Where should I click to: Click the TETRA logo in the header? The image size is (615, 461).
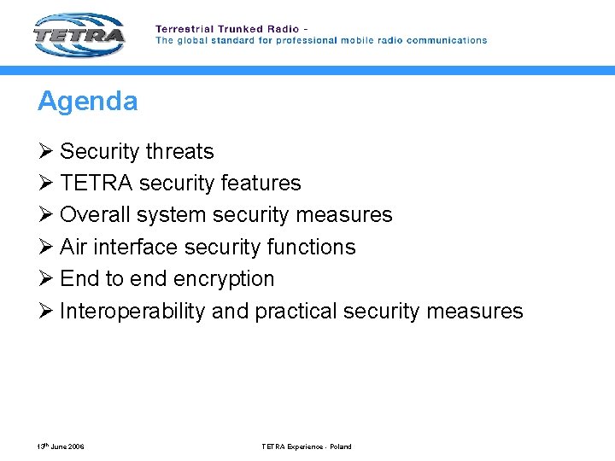click(79, 35)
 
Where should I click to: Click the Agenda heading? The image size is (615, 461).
click(87, 102)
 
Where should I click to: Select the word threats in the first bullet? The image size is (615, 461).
click(179, 152)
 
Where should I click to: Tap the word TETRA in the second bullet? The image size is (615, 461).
click(96, 184)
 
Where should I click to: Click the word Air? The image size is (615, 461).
click(73, 248)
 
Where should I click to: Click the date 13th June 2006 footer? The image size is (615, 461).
click(61, 446)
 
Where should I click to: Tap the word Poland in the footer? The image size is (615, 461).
click(340, 446)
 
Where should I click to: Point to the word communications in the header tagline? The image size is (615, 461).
click(447, 40)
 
